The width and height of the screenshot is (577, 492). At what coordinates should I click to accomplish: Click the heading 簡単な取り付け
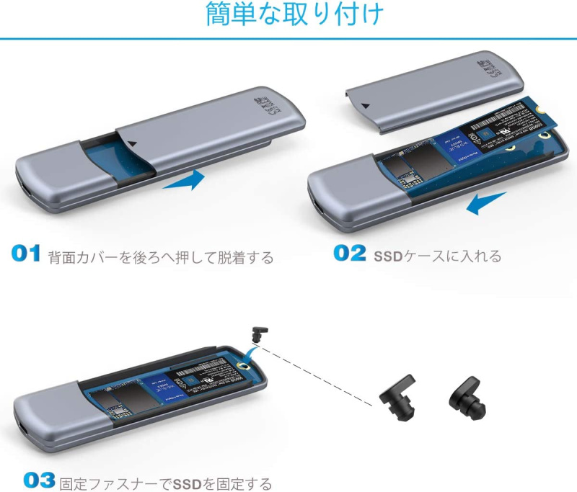(295, 15)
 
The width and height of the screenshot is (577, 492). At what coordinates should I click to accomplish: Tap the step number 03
(40, 480)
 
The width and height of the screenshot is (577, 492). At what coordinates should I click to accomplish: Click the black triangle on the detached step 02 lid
(367, 106)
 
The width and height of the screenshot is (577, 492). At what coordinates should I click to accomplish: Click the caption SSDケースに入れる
(437, 256)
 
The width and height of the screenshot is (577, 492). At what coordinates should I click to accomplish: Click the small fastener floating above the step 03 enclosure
(257, 334)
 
